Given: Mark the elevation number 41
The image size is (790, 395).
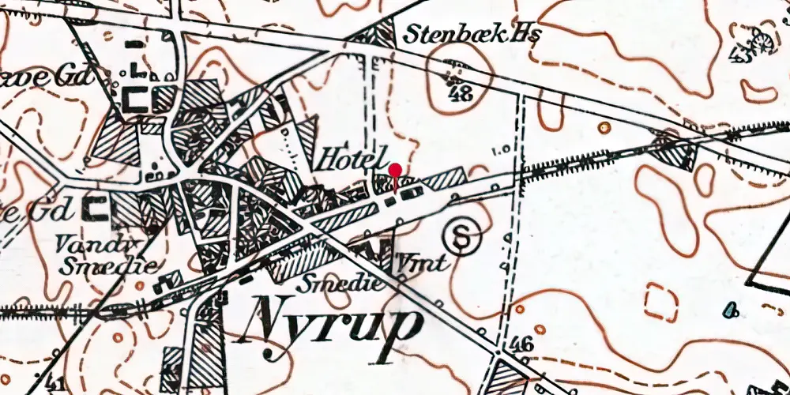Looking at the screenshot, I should [x=55, y=385].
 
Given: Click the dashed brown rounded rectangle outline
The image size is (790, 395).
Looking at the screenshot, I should [x=661, y=303].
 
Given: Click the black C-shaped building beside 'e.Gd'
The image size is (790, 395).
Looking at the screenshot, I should [x=99, y=209].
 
